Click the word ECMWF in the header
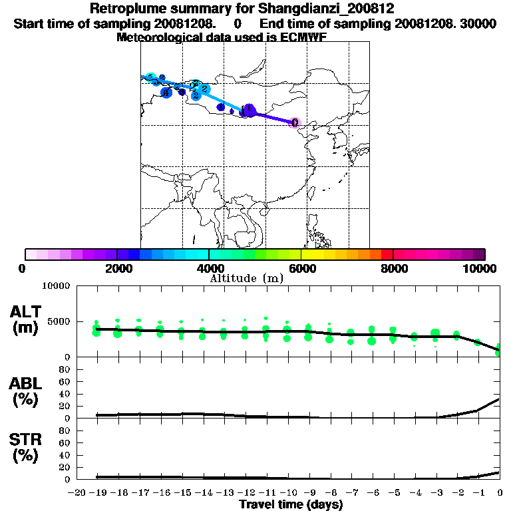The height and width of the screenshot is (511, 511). click(x=303, y=37)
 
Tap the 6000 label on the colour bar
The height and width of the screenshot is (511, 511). click(x=301, y=268)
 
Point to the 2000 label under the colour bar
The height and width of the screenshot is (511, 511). click(x=116, y=268)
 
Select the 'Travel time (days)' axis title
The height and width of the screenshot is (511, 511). click(x=291, y=505)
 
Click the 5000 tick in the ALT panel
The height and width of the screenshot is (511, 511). click(x=61, y=321)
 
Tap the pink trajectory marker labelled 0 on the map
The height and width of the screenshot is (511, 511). click(x=295, y=122)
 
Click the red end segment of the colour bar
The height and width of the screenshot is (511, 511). click(x=386, y=254)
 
